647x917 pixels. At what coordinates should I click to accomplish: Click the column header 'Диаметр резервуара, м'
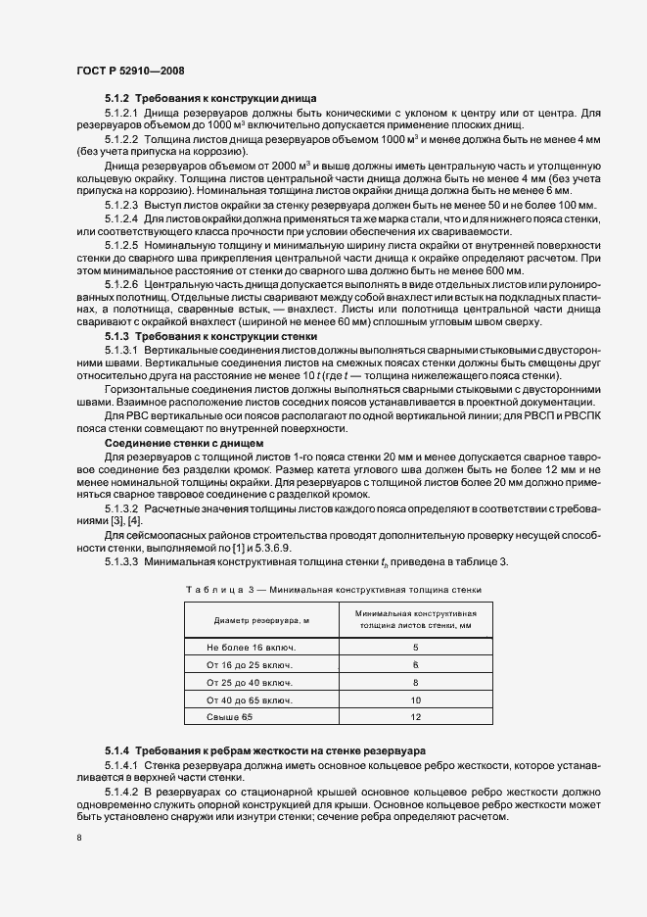261,621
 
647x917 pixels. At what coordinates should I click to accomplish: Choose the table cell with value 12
415,718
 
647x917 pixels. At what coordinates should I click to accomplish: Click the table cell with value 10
415,700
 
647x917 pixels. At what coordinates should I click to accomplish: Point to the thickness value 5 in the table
415,648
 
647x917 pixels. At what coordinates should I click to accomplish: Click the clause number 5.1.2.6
122,282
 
